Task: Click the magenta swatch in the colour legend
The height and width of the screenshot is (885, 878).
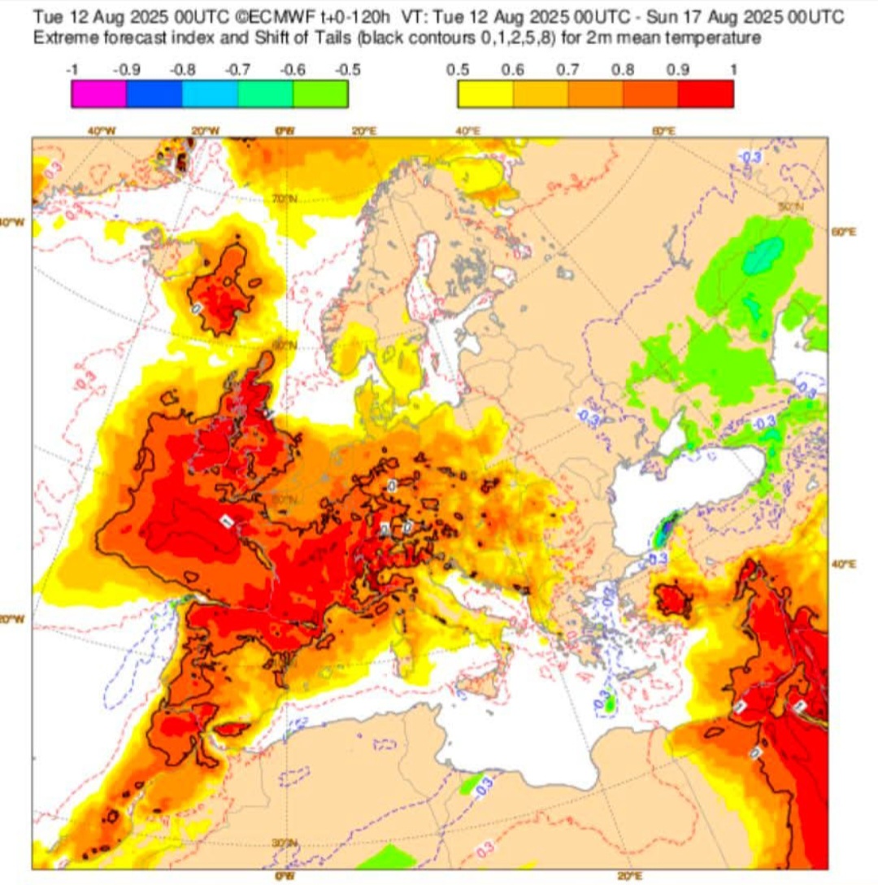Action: tap(98, 94)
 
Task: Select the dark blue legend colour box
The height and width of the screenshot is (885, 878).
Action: tap(154, 94)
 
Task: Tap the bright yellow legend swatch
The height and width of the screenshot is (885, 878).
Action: tap(485, 94)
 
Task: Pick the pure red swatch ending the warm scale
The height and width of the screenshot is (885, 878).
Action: tap(706, 94)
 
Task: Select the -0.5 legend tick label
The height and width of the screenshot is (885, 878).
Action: tap(347, 70)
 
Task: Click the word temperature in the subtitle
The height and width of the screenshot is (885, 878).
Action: tap(716, 38)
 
